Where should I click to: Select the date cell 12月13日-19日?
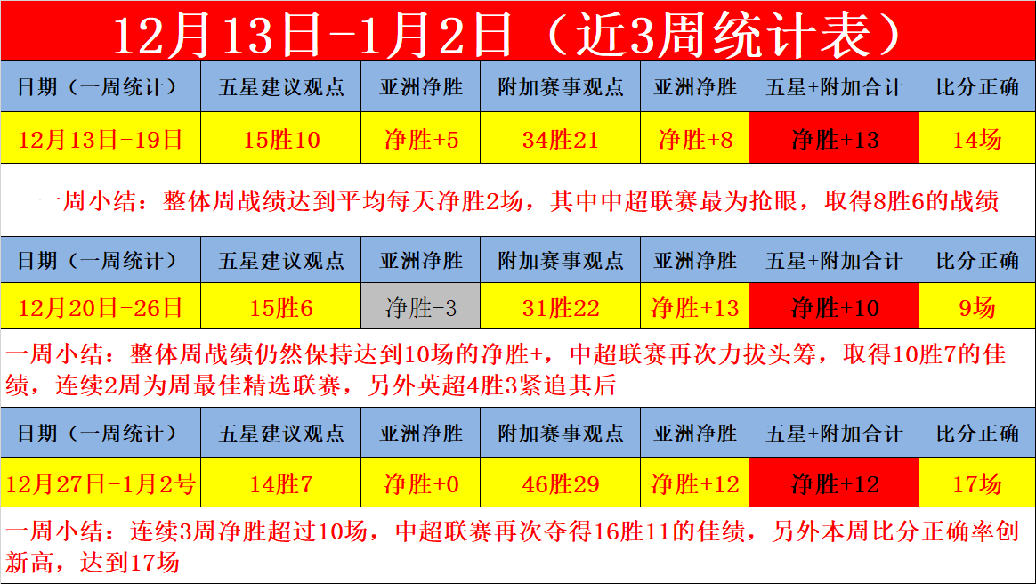coord(101,138)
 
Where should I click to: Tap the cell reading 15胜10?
coord(280,138)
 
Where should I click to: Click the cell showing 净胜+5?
coord(420,138)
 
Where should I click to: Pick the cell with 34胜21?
coord(561,138)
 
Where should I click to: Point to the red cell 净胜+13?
coord(834,138)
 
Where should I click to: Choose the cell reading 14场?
coord(977,138)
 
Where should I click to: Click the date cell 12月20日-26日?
coord(101,306)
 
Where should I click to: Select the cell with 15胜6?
coord(280,306)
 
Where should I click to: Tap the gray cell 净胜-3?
coord(420,306)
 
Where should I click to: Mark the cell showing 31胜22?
coord(561,306)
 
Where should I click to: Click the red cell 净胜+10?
coord(834,306)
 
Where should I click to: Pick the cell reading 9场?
coord(977,306)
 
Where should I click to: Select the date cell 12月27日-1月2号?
coord(101,483)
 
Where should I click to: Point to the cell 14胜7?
coord(280,483)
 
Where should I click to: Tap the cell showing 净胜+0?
coord(420,483)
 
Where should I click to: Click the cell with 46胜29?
coord(561,483)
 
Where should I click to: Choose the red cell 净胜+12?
coord(834,483)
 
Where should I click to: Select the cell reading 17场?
coord(977,483)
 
